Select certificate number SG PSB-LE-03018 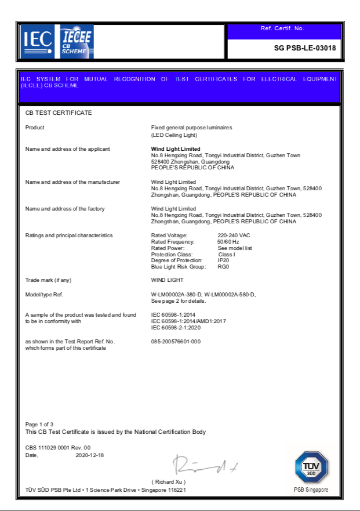304,48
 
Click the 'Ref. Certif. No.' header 282,28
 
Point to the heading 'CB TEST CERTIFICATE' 59,113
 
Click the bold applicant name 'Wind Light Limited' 176,149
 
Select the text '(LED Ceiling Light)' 174,135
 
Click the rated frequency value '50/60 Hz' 228,241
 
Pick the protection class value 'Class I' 226,254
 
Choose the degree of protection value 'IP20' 223,260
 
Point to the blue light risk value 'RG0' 223,267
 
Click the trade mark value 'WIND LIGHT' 167,280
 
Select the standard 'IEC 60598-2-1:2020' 180,327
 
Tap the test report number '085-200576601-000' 176,341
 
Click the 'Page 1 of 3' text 39,425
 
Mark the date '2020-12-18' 90,455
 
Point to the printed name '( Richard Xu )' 169,482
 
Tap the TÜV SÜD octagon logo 311,467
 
